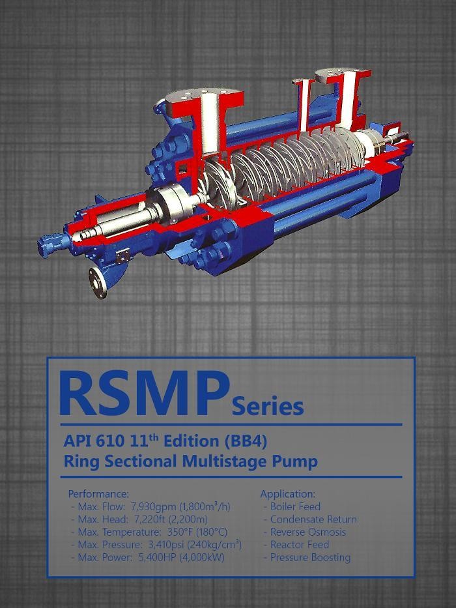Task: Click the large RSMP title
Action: [x=144, y=393]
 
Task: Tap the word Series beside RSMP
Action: [x=268, y=406]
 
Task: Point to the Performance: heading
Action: [x=98, y=494]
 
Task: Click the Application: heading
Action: [x=288, y=494]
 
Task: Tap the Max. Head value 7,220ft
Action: [x=150, y=519]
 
